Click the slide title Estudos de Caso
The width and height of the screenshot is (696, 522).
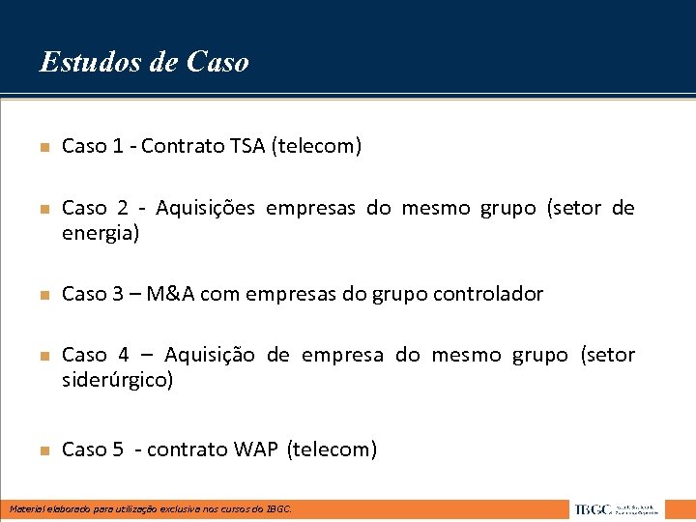coord(144,62)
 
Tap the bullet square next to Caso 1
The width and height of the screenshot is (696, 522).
coord(43,148)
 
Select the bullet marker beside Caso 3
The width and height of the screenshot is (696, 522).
coord(43,295)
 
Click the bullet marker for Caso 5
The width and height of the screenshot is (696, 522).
coord(43,450)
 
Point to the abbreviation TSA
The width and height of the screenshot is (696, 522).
coord(248,147)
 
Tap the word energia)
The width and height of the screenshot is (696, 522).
coord(101,233)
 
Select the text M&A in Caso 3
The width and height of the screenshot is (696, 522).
coord(174,294)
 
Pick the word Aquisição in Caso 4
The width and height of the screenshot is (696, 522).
coord(210,355)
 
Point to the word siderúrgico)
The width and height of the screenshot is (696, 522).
coord(117,380)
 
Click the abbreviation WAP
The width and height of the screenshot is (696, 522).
coord(256,449)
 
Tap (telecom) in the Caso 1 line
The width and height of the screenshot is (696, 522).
coord(317,147)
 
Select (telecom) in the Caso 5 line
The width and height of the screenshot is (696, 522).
coord(333,449)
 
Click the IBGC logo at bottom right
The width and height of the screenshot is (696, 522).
coord(615,508)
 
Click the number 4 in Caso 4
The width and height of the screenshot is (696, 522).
coord(124,355)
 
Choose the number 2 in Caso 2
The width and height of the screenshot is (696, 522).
coord(123,208)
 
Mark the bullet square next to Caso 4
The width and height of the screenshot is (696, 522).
coord(43,357)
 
